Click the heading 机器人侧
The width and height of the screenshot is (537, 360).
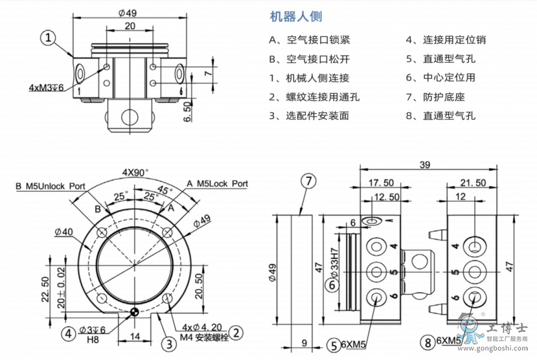(x=297, y=17)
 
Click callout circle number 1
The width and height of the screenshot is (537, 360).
(x=49, y=38)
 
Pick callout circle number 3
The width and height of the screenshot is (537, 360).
(x=168, y=343)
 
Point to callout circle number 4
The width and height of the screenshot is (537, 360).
(x=70, y=333)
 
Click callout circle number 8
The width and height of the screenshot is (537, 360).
(x=427, y=343)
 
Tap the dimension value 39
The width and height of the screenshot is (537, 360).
(x=425, y=165)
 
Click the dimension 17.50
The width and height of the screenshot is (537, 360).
(x=379, y=183)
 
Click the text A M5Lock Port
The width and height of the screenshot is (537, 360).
(x=217, y=184)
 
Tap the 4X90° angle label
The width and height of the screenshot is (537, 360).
(x=136, y=172)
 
